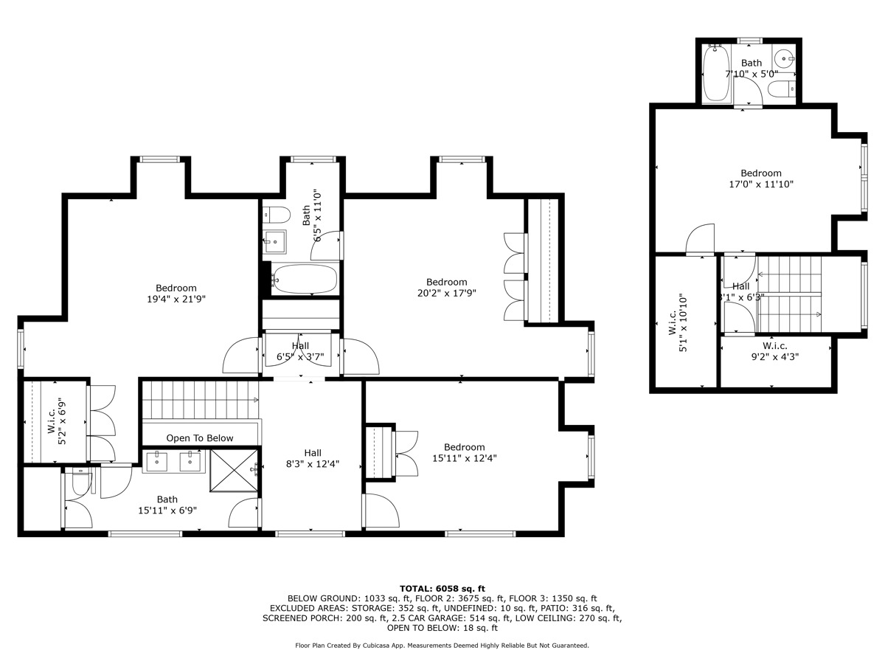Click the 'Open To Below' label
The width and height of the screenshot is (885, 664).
pos(199,438)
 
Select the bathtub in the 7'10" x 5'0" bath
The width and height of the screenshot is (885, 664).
pos(715,74)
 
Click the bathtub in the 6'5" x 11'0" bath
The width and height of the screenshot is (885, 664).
pos(303,280)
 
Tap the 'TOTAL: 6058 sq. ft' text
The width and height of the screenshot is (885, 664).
pos(442,588)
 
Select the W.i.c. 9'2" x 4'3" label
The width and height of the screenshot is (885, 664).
pos(774,350)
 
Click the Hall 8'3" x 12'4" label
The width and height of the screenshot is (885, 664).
pos(313,458)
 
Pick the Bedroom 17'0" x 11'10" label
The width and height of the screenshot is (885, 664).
pos(760,179)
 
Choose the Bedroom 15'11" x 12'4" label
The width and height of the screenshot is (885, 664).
pos(464,452)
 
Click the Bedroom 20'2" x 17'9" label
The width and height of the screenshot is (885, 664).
pos(446,287)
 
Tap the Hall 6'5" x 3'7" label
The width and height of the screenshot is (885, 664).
pos(300,350)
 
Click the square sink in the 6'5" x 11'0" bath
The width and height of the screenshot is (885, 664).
pos(276,241)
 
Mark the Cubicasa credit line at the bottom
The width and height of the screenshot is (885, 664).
pos(442,646)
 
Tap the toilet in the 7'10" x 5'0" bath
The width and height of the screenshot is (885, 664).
pos(780,89)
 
